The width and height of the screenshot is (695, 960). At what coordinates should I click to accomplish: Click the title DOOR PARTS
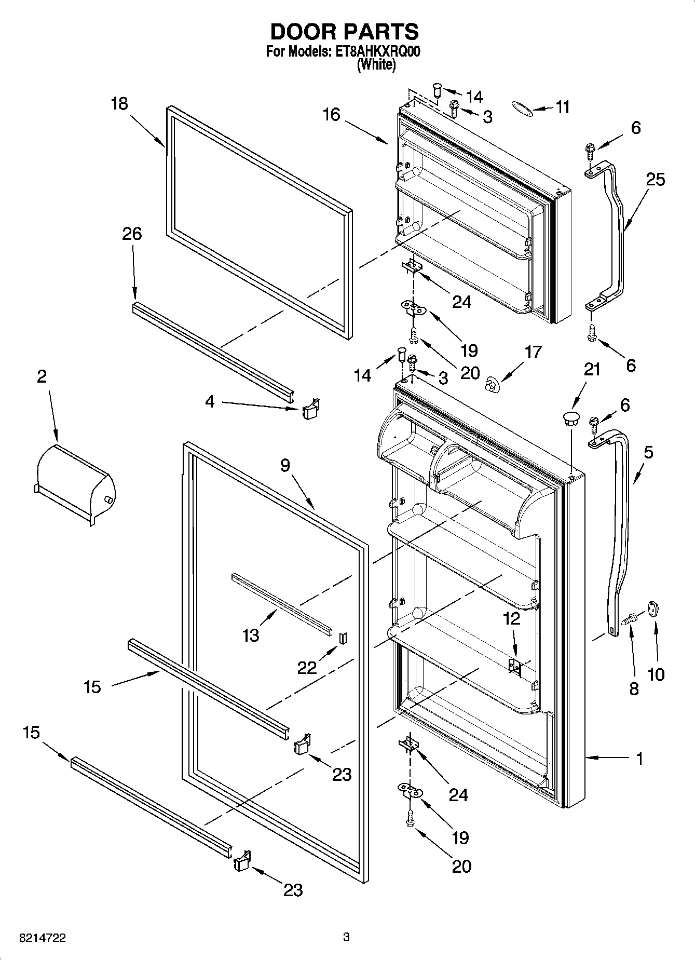344,32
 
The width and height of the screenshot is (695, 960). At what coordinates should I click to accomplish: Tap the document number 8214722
42,937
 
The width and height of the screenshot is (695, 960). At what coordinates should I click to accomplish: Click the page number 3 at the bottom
346,937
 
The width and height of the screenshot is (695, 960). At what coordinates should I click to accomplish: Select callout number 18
119,104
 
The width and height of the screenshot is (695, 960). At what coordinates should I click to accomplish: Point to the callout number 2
42,376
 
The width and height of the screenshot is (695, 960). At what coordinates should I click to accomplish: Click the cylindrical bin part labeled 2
75,483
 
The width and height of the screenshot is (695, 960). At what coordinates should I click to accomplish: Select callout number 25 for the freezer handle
655,180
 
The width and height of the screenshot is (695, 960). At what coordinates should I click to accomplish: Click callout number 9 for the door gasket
285,466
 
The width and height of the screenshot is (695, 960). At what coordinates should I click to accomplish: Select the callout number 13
251,634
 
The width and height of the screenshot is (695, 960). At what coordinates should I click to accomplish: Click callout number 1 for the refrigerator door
639,759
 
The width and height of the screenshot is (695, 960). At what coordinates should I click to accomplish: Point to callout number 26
132,234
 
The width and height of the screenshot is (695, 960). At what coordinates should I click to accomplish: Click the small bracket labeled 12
514,666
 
